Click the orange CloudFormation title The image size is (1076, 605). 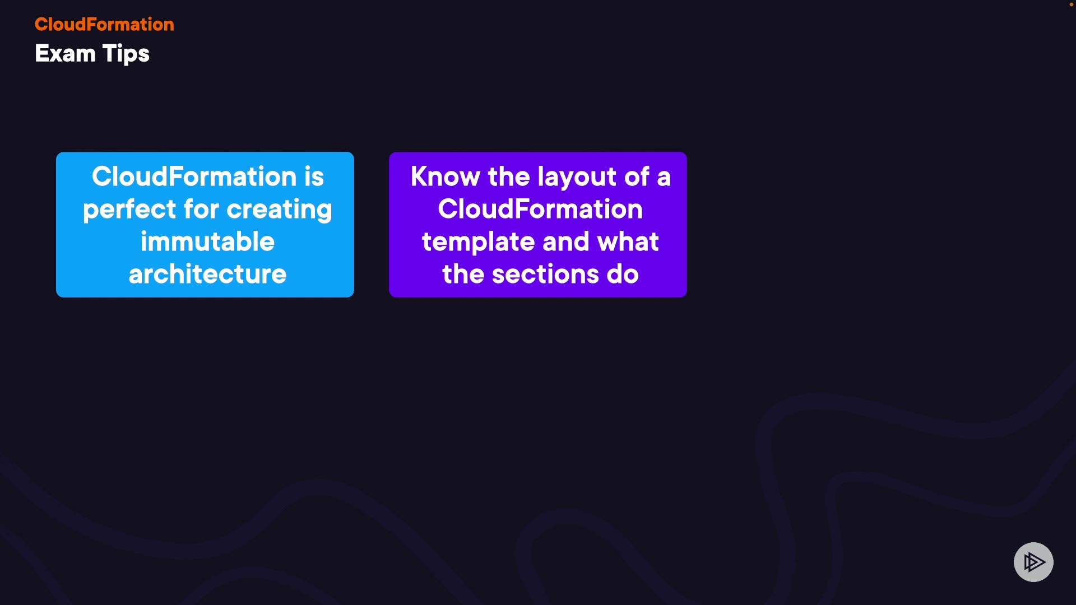click(104, 24)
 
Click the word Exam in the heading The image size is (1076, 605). click(65, 54)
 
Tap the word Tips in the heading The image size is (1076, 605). click(126, 54)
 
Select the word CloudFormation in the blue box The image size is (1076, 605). click(194, 176)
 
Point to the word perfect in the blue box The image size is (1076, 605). click(129, 210)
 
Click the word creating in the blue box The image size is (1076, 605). click(279, 210)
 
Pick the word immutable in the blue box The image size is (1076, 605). click(207, 241)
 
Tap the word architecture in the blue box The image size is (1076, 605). click(207, 274)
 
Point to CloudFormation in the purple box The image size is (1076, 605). click(540, 209)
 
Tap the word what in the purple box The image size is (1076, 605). click(628, 241)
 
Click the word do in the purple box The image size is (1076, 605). click(623, 274)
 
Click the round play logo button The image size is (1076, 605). click(1033, 562)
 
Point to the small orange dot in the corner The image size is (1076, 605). click(1072, 4)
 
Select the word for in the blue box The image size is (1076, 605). click(201, 209)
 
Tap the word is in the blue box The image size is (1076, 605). click(314, 176)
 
